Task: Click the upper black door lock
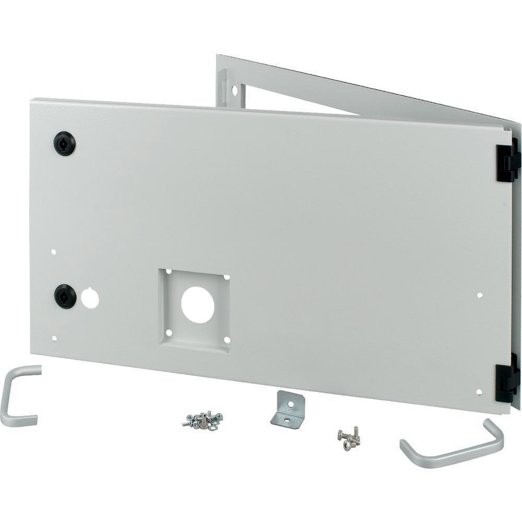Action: pos(64,144)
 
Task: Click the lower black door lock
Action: pos(65,296)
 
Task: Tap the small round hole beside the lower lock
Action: pos(90,298)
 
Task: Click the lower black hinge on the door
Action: pos(506,377)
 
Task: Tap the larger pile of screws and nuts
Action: pos(203,420)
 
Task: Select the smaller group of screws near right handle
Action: pos(349,438)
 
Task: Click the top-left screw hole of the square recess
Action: pos(169,271)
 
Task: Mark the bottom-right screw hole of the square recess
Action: pos(227,339)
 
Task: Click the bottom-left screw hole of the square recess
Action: pos(169,332)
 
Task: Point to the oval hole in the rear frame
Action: pos(234,90)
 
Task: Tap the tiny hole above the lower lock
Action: pos(53,252)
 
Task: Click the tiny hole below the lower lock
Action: pos(54,338)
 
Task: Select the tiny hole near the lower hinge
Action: pos(479,391)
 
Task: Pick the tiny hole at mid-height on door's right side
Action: pos(480,295)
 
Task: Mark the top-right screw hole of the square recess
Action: pos(227,277)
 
